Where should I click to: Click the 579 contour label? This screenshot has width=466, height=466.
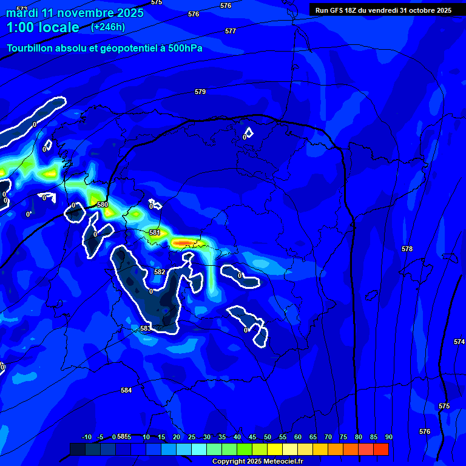tap(200, 92)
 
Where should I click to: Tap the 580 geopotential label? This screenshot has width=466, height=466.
tap(103, 204)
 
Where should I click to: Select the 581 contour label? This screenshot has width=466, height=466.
tap(155, 232)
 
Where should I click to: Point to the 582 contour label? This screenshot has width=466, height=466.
tap(160, 272)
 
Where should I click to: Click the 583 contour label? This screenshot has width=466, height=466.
tap(146, 328)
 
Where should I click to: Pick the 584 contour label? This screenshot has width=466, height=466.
tap(126, 390)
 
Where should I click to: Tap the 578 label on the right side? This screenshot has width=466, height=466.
tap(407, 249)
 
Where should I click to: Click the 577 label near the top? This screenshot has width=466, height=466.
tap(231, 31)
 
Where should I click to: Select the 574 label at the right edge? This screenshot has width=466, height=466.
tap(459, 342)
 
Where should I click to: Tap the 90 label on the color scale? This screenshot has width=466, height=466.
tap(388, 437)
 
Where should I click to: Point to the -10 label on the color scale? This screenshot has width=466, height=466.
tap(86, 437)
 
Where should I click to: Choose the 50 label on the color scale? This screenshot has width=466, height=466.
tap(268, 437)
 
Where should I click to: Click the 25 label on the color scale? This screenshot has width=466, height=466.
tap(192, 437)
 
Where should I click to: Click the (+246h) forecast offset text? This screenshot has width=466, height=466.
tap(108, 27)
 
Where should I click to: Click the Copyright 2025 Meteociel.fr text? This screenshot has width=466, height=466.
tap(257, 462)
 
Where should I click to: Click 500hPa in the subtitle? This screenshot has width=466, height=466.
tap(182, 49)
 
